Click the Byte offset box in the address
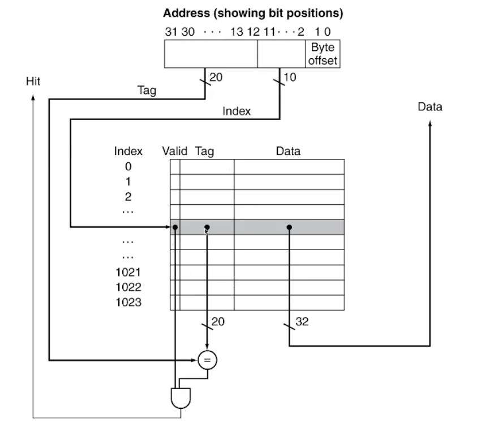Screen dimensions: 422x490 click(x=323, y=54)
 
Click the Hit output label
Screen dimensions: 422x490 click(x=33, y=81)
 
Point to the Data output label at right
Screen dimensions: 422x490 click(x=429, y=106)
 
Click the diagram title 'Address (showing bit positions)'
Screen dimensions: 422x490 click(x=252, y=12)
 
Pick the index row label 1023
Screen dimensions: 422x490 click(x=128, y=302)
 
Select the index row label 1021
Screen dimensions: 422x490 click(x=128, y=272)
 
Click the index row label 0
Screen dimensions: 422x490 click(x=128, y=166)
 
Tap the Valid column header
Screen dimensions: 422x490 click(x=175, y=151)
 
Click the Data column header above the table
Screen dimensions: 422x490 click(x=288, y=151)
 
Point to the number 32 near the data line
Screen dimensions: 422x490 click(x=302, y=322)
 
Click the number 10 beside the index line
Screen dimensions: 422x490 click(x=289, y=77)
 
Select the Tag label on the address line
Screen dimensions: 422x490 click(x=147, y=89)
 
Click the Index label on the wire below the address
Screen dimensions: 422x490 click(x=237, y=111)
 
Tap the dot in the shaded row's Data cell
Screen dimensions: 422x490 click(x=289, y=227)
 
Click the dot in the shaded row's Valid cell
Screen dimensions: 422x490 click(x=175, y=227)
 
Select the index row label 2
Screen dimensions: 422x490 click(x=128, y=196)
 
